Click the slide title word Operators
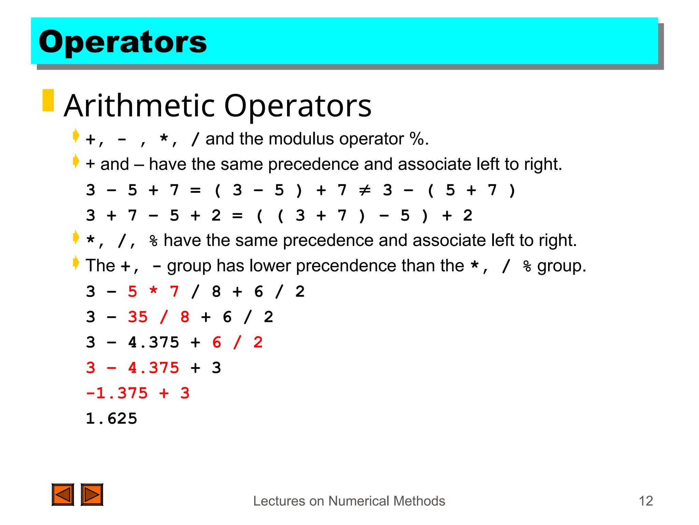click(x=123, y=42)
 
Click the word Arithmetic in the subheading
click(x=140, y=106)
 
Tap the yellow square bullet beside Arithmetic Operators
click(x=48, y=100)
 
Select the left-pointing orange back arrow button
click(x=63, y=495)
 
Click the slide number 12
click(x=645, y=501)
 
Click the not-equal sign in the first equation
click(x=365, y=190)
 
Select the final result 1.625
click(x=111, y=419)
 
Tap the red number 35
click(x=138, y=317)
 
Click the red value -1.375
click(x=117, y=393)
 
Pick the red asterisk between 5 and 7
click(x=153, y=292)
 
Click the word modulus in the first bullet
click(x=301, y=139)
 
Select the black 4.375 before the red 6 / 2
click(x=153, y=342)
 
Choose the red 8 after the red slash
click(x=185, y=317)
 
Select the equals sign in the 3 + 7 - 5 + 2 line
click(x=237, y=216)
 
